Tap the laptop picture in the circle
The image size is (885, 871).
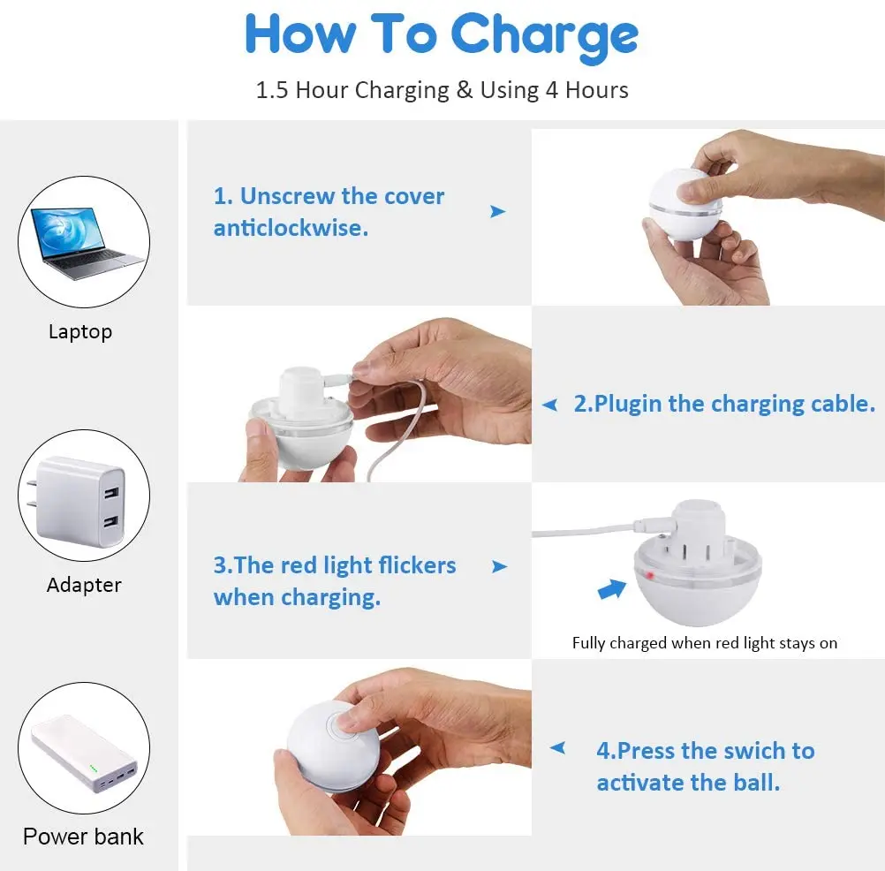[85, 243]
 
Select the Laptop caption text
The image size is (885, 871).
[80, 332]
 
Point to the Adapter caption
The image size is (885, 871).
[84, 585]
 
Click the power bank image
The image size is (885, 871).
[85, 754]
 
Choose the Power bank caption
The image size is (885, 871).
[84, 837]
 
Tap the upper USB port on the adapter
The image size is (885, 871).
[111, 492]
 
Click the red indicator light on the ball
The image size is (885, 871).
[650, 576]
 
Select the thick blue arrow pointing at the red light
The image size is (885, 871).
[612, 589]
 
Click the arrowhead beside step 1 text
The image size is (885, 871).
[497, 212]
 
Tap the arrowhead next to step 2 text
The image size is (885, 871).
[549, 405]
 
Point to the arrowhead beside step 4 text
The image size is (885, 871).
[557, 748]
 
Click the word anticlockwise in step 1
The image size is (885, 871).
[291, 228]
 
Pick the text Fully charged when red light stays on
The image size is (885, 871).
[705, 643]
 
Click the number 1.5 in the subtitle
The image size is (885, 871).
[272, 90]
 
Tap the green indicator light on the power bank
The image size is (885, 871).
[93, 769]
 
